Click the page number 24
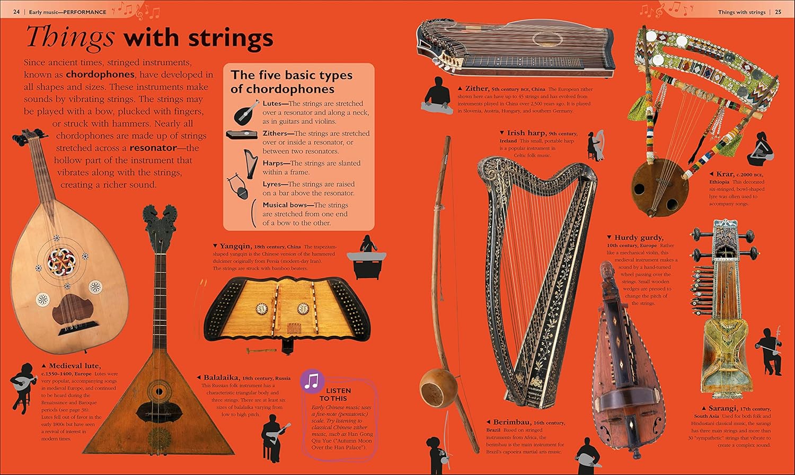(16, 12)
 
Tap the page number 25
(778, 12)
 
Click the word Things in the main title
(70, 37)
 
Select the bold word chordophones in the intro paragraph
(100, 75)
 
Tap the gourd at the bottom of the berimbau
(439, 388)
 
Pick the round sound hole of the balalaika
(159, 392)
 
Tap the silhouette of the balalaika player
(275, 438)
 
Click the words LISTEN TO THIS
(335, 394)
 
